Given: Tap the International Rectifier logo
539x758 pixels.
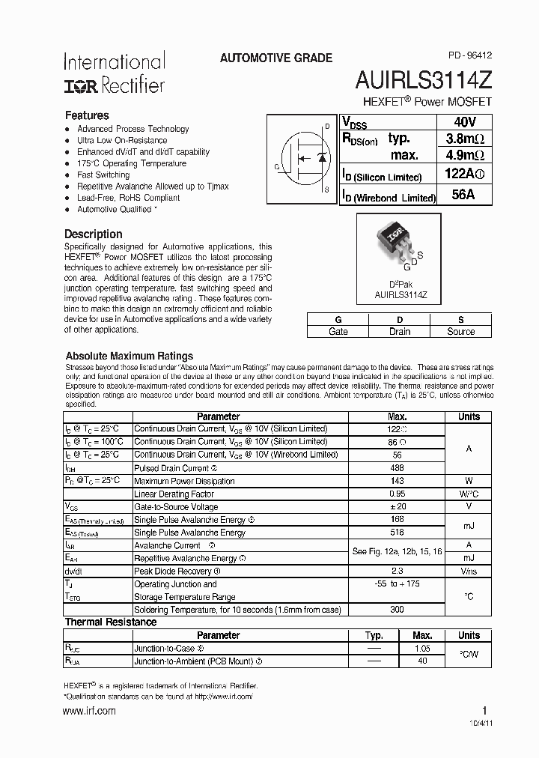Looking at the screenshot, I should (114, 73).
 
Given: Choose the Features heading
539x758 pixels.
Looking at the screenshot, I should (87, 115).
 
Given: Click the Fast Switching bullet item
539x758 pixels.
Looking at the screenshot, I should (103, 175).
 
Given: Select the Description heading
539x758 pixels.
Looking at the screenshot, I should (93, 234).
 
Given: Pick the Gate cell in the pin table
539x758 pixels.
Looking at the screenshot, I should (338, 331).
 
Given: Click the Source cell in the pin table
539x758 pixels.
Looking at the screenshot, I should (460, 331).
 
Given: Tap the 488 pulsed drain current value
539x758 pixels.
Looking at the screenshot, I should (397, 467).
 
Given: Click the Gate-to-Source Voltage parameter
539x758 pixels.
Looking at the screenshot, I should (177, 507).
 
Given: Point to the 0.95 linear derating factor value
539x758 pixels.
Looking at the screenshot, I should (397, 494).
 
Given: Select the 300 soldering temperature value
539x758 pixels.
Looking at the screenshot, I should (397, 609).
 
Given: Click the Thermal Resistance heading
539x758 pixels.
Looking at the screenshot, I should (111, 622).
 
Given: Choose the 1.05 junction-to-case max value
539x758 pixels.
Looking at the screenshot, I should (422, 649).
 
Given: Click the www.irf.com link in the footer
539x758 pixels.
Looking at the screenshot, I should (90, 710).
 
